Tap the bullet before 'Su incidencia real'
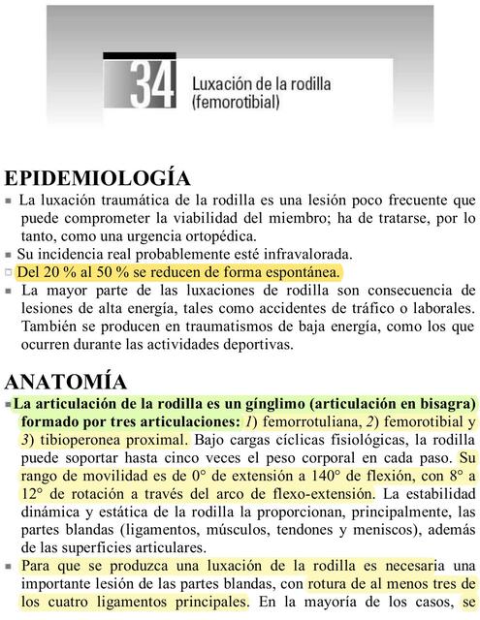click(8, 254)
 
